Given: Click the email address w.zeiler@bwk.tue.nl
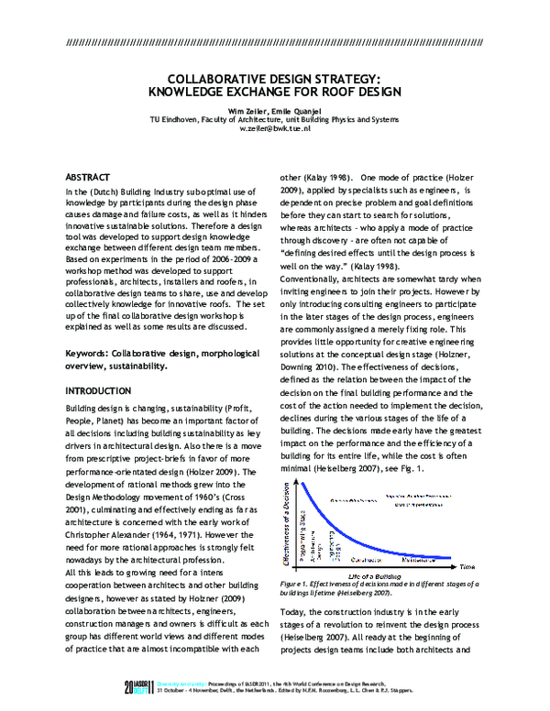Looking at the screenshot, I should [x=288, y=129].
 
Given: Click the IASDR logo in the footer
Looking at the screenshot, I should [x=140, y=686].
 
